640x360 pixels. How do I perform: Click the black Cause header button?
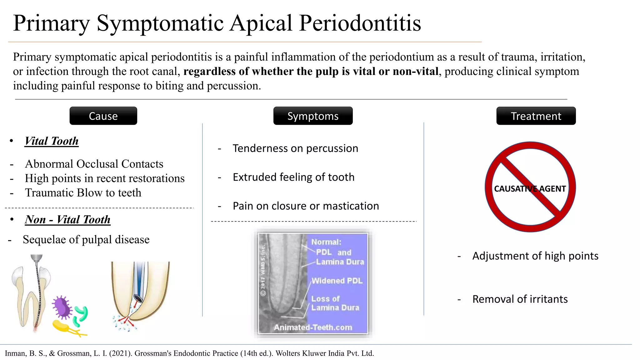click(x=103, y=116)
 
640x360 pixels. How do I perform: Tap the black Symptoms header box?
click(x=313, y=116)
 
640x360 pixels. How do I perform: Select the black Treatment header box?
click(x=536, y=116)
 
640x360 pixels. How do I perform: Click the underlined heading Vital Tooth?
click(x=52, y=141)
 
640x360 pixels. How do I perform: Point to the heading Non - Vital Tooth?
click(x=67, y=219)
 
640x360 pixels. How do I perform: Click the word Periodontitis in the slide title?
click(x=360, y=23)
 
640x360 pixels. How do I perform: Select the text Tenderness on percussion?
click(x=295, y=148)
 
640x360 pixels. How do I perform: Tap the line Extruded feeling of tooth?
click(x=293, y=177)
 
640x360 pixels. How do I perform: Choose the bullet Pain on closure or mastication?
click(x=306, y=206)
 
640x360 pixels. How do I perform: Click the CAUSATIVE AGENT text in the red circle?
click(x=530, y=189)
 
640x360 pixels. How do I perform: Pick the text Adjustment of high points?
click(x=535, y=256)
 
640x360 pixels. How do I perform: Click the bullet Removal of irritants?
click(x=520, y=299)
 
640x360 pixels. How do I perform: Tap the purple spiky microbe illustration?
click(x=62, y=307)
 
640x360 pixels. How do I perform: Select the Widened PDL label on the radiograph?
click(x=337, y=281)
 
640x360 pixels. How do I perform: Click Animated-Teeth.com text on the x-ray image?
click(x=313, y=327)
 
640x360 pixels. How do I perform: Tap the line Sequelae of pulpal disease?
click(x=86, y=240)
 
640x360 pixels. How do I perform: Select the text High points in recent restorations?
click(x=105, y=178)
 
